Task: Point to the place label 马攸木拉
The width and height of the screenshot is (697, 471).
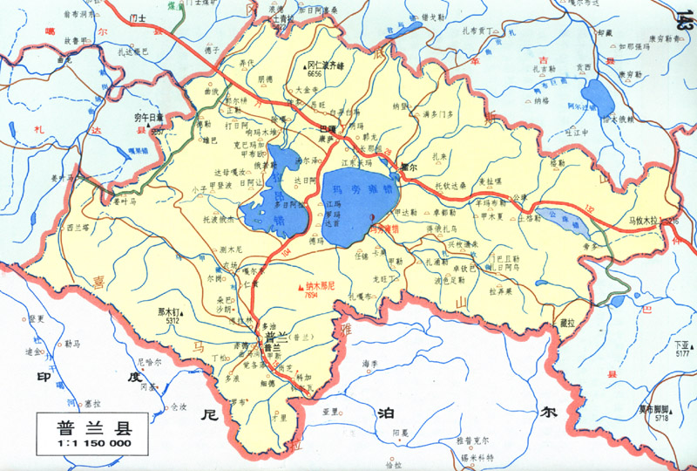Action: point(645,222)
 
